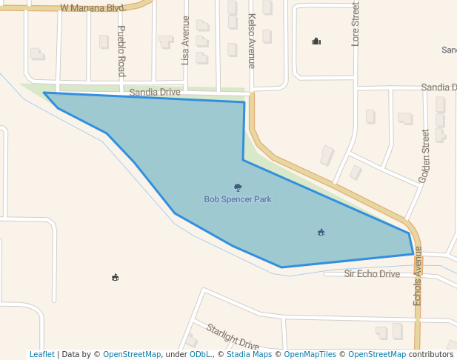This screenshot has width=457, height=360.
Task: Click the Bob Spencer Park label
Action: tap(238, 199)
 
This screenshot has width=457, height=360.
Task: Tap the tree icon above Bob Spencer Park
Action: tap(238, 188)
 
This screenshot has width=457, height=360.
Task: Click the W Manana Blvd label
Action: tap(92, 7)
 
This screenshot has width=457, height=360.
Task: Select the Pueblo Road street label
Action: tap(122, 51)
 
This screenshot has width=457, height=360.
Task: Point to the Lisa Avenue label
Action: tap(185, 41)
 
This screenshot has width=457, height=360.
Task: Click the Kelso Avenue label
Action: tap(252, 41)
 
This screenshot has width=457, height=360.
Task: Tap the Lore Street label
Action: tap(356, 24)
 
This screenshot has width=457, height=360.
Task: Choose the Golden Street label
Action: tap(424, 156)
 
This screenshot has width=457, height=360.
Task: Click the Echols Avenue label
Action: tap(418, 276)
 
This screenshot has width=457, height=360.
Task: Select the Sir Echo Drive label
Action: tap(372, 274)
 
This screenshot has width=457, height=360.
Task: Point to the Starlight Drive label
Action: tap(233, 337)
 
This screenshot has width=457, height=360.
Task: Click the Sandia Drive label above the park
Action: tap(155, 93)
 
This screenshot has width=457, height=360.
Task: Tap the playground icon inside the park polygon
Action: tap(321, 233)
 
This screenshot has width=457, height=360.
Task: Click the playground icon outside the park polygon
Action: tap(115, 278)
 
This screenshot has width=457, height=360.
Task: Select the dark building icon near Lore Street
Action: tap(316, 41)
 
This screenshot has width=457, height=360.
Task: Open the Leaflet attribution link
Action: tap(42, 355)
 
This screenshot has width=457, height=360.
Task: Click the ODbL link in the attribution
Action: tap(199, 355)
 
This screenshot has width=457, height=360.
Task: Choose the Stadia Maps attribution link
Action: tap(249, 355)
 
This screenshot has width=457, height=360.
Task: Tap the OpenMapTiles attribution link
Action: tap(310, 355)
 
